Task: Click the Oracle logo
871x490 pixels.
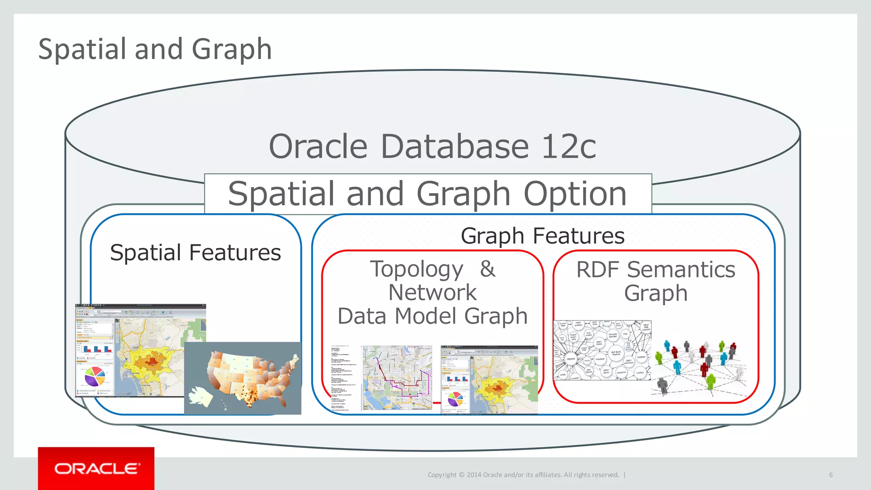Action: point(97,468)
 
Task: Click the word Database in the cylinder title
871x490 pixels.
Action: point(454,146)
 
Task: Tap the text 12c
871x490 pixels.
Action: point(569,146)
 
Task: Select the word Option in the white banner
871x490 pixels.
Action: point(575,194)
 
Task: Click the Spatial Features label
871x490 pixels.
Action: point(195,253)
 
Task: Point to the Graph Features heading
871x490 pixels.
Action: point(542,236)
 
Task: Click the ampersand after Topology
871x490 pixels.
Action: point(488,269)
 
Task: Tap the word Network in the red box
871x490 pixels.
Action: point(432,293)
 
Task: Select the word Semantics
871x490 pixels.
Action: point(681,270)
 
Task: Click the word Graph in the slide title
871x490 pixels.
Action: point(231,49)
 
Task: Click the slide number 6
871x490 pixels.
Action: point(831,475)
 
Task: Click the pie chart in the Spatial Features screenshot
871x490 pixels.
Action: point(95,376)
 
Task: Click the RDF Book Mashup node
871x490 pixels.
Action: point(616,353)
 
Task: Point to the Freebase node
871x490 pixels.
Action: point(600,359)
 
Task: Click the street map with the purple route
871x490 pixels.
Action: point(397,378)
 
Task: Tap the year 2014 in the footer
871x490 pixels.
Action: point(474,475)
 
